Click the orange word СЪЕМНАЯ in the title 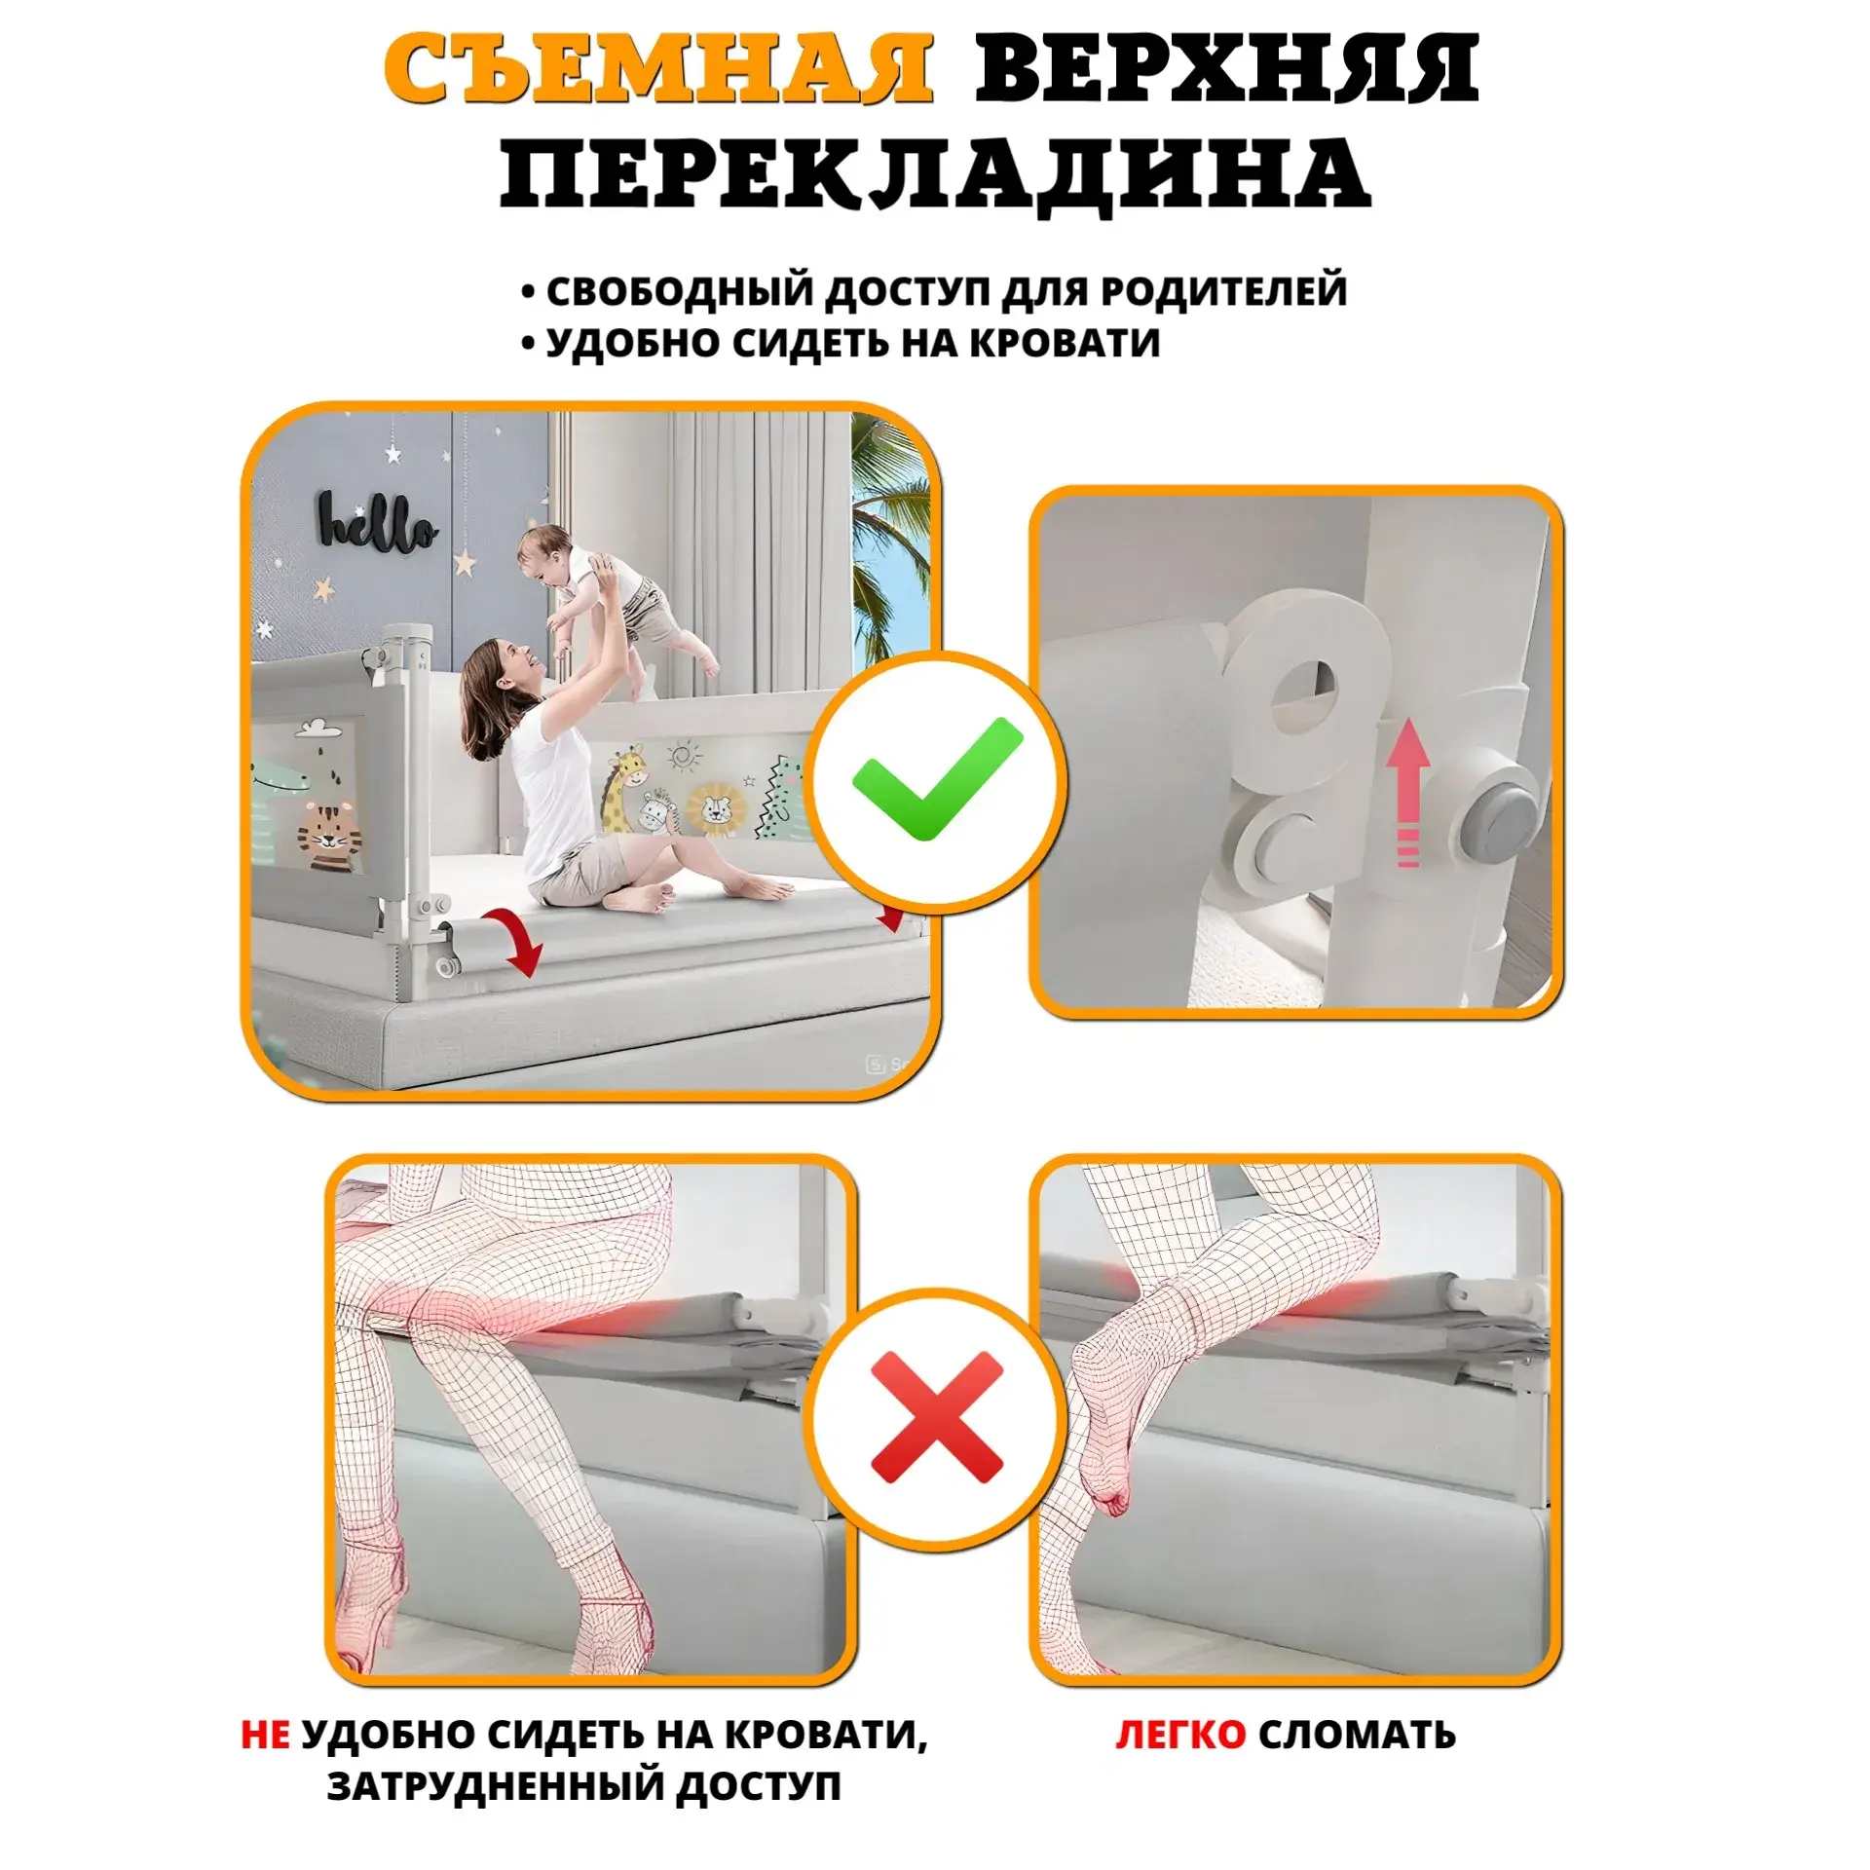click(657, 70)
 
